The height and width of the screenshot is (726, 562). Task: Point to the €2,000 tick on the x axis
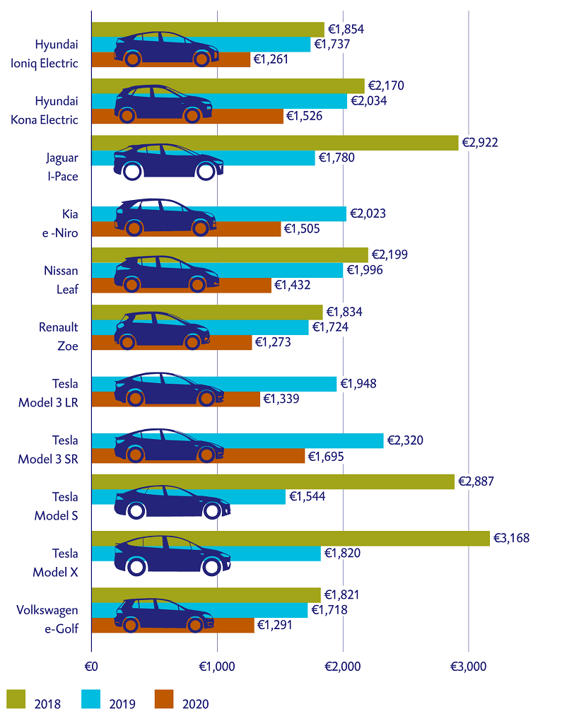pos(343,666)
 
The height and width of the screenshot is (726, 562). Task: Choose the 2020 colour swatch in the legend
pos(165,698)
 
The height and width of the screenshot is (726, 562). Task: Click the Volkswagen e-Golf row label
pos(49,619)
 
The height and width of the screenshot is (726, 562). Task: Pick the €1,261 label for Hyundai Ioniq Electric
pos(271,59)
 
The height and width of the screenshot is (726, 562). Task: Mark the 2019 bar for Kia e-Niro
pos(283,213)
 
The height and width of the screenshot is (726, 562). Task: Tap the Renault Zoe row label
pos(58,336)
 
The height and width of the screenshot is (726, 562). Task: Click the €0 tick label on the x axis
pos(91,666)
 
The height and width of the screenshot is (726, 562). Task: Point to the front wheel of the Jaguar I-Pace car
pos(206,171)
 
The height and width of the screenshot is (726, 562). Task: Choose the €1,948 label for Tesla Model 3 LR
pos(358,384)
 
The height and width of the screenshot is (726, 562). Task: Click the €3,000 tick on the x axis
pos(468,666)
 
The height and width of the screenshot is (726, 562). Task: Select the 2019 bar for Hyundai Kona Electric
pos(283,101)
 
